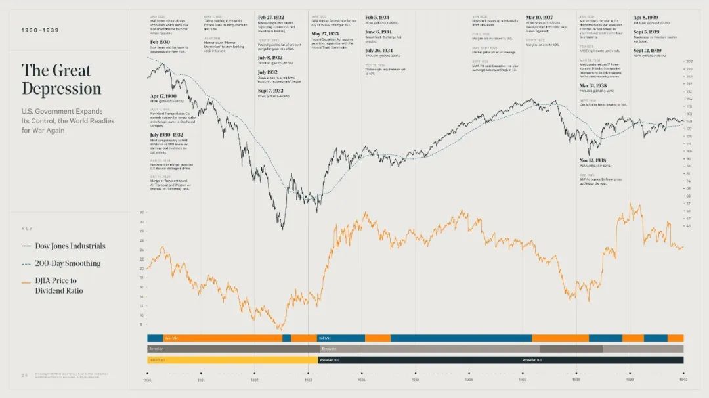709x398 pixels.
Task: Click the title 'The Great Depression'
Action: (61, 79)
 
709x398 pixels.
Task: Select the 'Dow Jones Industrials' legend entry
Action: (70, 246)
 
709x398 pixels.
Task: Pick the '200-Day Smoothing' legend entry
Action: (68, 263)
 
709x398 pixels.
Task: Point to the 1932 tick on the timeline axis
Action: (254, 380)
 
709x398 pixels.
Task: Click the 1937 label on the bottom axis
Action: (523, 380)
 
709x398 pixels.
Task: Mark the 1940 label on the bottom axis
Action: (683, 380)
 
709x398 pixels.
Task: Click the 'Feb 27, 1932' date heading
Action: (271, 17)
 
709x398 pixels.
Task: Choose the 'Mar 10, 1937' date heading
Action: (540, 18)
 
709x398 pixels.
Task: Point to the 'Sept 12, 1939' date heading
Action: (647, 51)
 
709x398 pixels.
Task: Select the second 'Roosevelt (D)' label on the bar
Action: (531, 360)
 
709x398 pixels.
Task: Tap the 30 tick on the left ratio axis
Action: (141, 222)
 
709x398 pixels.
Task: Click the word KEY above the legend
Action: (27, 229)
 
